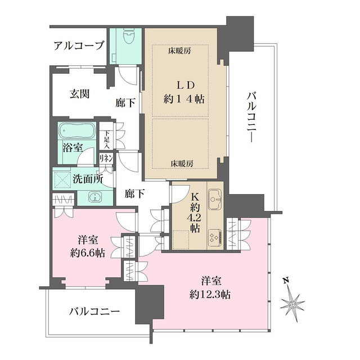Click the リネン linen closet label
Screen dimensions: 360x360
(106, 159)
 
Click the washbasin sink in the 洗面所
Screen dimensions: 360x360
(95, 197)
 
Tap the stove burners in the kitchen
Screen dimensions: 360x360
(214, 238)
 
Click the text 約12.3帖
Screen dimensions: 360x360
(211, 293)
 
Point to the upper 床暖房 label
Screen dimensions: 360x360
(180, 51)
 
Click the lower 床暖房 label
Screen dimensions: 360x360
(182, 164)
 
